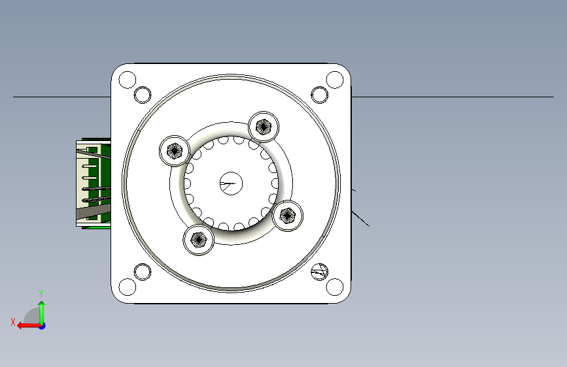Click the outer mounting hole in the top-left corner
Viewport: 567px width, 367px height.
pyautogui.click(x=128, y=80)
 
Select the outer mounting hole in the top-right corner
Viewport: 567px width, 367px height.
pyautogui.click(x=334, y=80)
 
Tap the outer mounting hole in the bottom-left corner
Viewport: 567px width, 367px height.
pyautogui.click(x=128, y=287)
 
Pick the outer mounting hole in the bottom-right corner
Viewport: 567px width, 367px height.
pyautogui.click(x=334, y=287)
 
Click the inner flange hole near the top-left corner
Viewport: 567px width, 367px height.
pyautogui.click(x=143, y=95)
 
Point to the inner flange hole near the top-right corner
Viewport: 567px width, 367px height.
pyautogui.click(x=320, y=95)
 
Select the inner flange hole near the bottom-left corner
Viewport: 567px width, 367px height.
pyautogui.click(x=143, y=272)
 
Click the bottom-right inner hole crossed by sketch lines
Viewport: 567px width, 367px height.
pyautogui.click(x=320, y=272)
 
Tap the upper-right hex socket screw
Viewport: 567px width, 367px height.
pyautogui.click(x=264, y=127)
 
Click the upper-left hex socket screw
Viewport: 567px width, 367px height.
pyautogui.click(x=175, y=151)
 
